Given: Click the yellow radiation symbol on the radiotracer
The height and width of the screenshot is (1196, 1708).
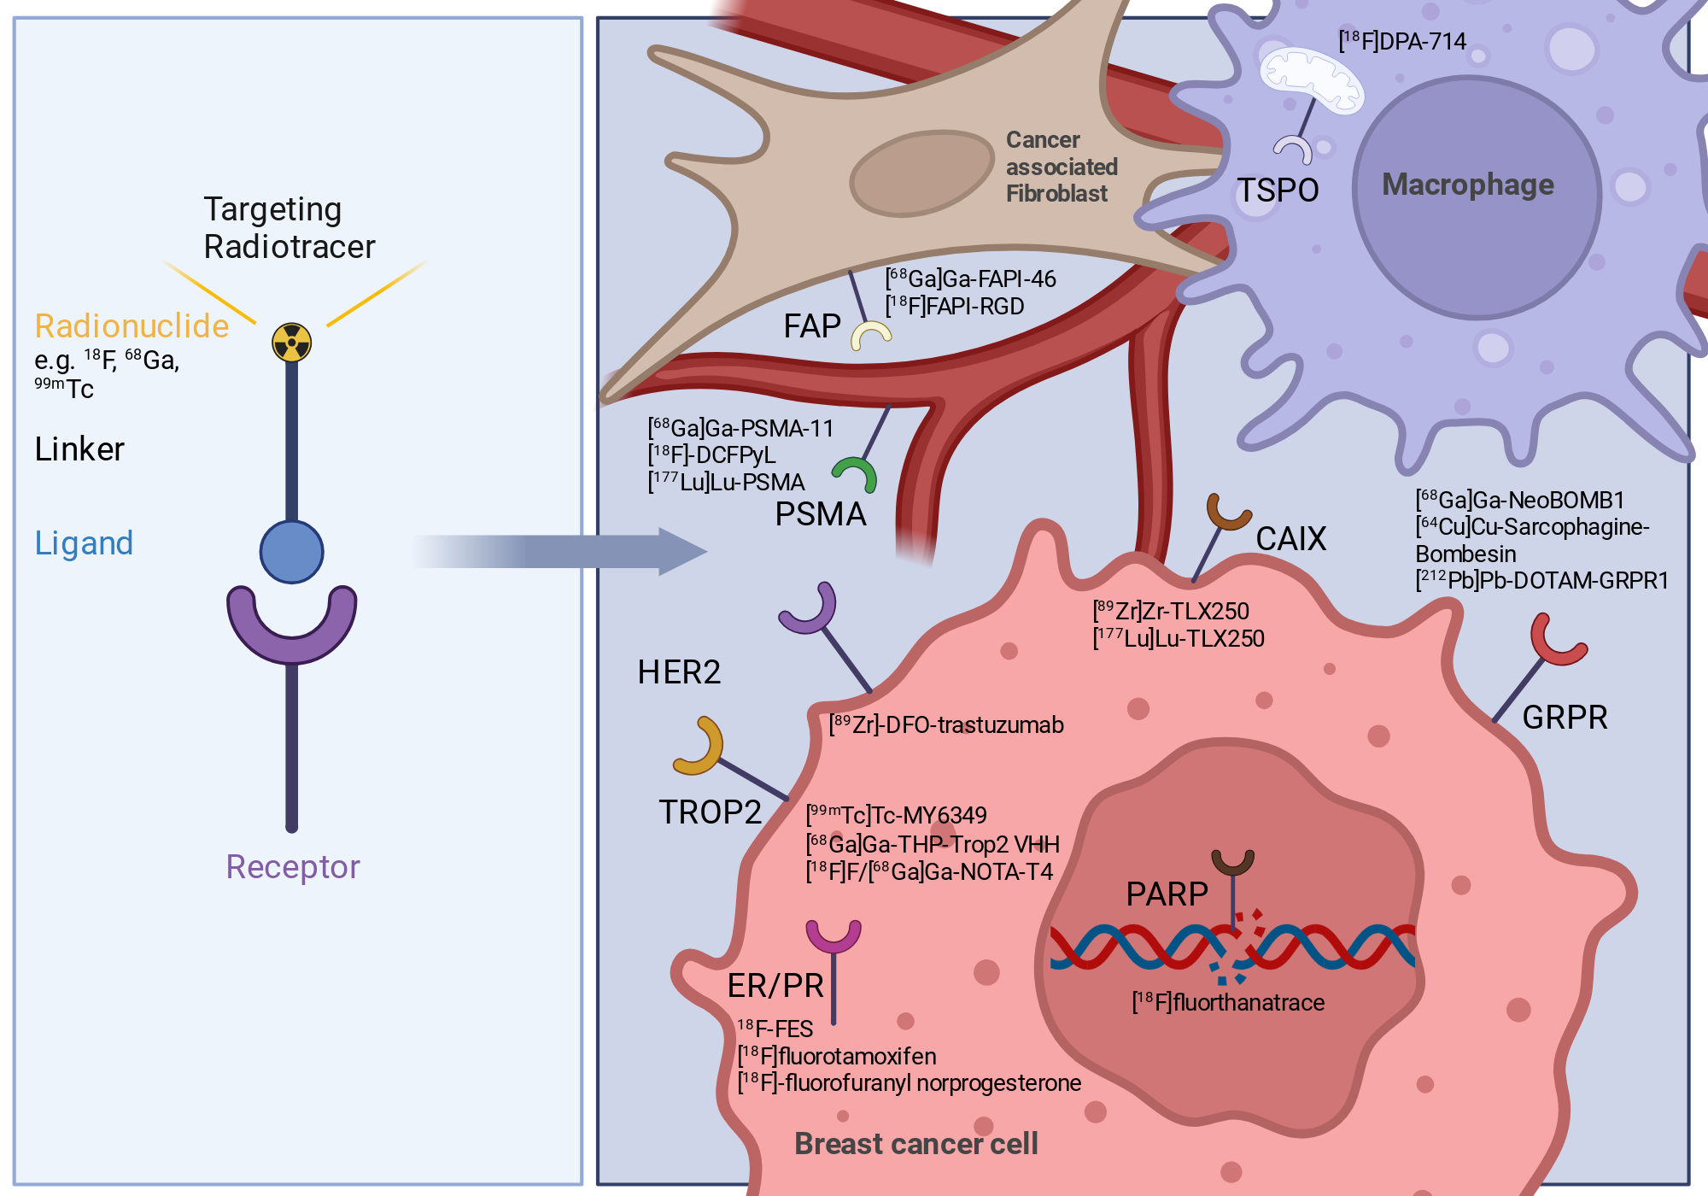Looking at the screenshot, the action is tap(291, 343).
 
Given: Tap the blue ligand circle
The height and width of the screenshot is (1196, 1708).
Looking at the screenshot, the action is tap(291, 552).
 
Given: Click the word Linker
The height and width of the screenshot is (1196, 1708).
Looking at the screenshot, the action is tap(79, 449).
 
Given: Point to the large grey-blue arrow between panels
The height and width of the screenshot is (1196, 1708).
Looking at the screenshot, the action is tap(560, 552).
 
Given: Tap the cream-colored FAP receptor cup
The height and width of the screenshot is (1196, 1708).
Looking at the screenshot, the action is tap(870, 334).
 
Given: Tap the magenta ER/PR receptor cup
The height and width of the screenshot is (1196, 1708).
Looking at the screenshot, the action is tap(834, 938).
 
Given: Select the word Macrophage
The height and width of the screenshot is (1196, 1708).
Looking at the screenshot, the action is tap(1468, 185).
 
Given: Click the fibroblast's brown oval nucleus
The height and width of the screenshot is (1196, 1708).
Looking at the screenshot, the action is tap(922, 173).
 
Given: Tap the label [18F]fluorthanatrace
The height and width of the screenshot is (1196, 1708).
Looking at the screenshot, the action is tap(1228, 1002).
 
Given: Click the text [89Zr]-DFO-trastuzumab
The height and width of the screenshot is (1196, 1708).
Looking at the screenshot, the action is tap(946, 724).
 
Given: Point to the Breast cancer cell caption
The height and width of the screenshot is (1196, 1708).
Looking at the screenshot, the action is tap(916, 1143).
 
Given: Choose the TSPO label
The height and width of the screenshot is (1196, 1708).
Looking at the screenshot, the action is tap(1278, 190).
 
